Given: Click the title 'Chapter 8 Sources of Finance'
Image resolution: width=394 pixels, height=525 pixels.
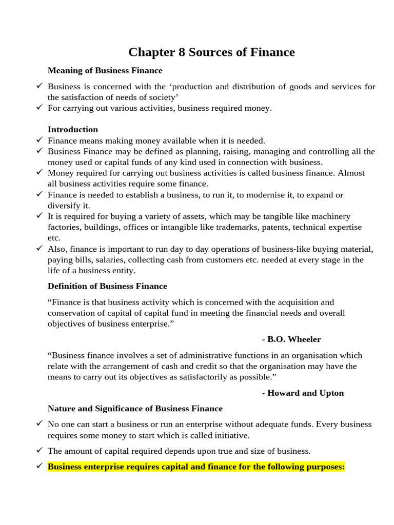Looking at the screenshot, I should (211, 52).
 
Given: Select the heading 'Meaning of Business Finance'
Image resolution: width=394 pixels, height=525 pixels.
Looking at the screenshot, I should (105, 70).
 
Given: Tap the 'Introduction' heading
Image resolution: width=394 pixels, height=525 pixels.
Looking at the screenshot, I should (72, 129).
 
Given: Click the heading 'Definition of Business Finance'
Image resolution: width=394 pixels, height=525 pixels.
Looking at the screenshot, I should (107, 286).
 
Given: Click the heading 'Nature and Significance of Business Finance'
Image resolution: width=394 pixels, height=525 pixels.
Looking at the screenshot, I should (135, 409).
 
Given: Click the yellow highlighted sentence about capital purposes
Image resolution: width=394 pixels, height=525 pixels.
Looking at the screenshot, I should (196, 467).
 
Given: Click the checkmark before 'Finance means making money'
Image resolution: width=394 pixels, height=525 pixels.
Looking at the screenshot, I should (40, 140).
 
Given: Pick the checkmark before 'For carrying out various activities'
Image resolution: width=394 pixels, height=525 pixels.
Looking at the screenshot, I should (40, 108).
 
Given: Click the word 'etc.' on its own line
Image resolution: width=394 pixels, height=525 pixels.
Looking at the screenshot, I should (54, 237).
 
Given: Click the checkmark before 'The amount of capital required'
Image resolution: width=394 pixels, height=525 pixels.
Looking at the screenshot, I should (40, 451).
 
